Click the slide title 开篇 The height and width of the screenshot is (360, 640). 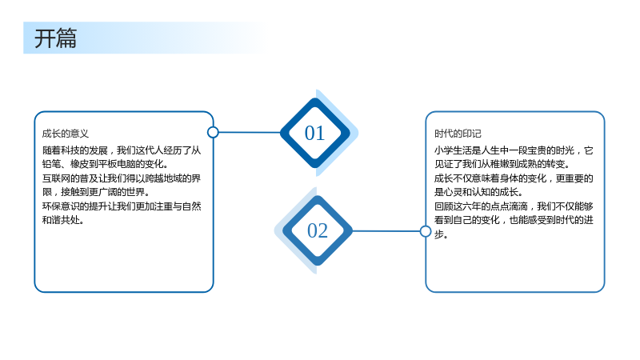pyautogui.click(x=55, y=38)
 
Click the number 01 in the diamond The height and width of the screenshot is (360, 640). pyautogui.click(x=314, y=133)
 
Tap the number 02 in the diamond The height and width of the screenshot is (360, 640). pyautogui.click(x=318, y=230)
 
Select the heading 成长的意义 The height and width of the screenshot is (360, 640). pyautogui.click(x=66, y=134)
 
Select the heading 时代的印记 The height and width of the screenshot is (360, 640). pyautogui.click(x=458, y=134)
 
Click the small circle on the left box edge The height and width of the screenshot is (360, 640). pyautogui.click(x=213, y=132)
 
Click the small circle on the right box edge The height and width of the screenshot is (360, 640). pyautogui.click(x=426, y=231)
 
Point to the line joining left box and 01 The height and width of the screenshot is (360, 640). pyautogui.click(x=250, y=132)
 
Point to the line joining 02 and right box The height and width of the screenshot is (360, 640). pyautogui.click(x=386, y=231)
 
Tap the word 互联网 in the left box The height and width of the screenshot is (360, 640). pyautogui.click(x=56, y=178)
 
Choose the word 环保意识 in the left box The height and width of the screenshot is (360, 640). pyautogui.click(x=61, y=206)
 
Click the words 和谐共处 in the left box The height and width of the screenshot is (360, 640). pyautogui.click(x=61, y=220)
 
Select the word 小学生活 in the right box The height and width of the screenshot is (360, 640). pyautogui.click(x=453, y=150)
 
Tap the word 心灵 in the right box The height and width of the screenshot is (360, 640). pyautogui.click(x=453, y=192)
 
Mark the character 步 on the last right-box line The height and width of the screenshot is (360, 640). pyautogui.click(x=438, y=234)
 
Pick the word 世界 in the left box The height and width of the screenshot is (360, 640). pyautogui.click(x=135, y=192)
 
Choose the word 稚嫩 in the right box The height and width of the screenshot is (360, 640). pyautogui.click(x=499, y=164)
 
